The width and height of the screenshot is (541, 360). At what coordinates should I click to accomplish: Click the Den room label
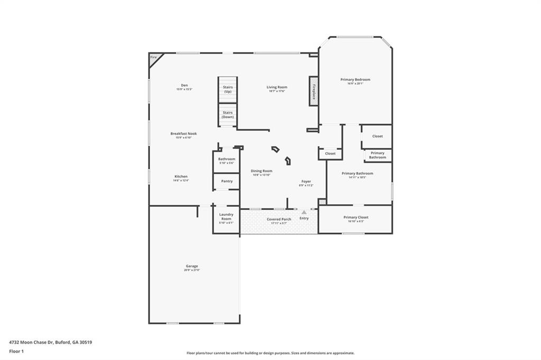point(184,85)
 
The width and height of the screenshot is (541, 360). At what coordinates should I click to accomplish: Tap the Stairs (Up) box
point(228,89)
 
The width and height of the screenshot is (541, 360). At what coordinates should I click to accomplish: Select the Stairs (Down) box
point(228,115)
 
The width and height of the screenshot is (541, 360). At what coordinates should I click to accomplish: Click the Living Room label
point(276,87)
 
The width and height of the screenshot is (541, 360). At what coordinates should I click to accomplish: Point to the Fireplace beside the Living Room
point(313,91)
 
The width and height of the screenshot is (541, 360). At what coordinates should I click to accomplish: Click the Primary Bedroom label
point(355,80)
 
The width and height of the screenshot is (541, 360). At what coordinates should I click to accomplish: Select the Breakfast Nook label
point(183,134)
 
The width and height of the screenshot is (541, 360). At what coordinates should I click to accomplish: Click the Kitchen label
point(181,176)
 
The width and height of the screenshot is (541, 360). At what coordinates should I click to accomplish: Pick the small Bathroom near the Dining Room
point(227,160)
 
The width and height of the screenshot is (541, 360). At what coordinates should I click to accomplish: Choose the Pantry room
point(227,181)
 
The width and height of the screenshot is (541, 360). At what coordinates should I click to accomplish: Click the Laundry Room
point(227,217)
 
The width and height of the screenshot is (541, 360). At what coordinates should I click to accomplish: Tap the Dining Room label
point(262,171)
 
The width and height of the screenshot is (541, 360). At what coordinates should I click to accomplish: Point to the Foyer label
point(306,182)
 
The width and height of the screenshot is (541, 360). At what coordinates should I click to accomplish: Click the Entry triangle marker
point(304,212)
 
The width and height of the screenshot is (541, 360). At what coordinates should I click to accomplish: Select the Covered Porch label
point(278,219)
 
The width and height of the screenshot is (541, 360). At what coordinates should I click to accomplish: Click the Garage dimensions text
point(192,270)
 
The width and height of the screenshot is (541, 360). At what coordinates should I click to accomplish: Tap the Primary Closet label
point(356,217)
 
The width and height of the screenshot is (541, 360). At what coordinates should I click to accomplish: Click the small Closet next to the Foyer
point(330,154)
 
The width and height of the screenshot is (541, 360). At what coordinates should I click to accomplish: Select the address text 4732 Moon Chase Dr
point(51,342)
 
